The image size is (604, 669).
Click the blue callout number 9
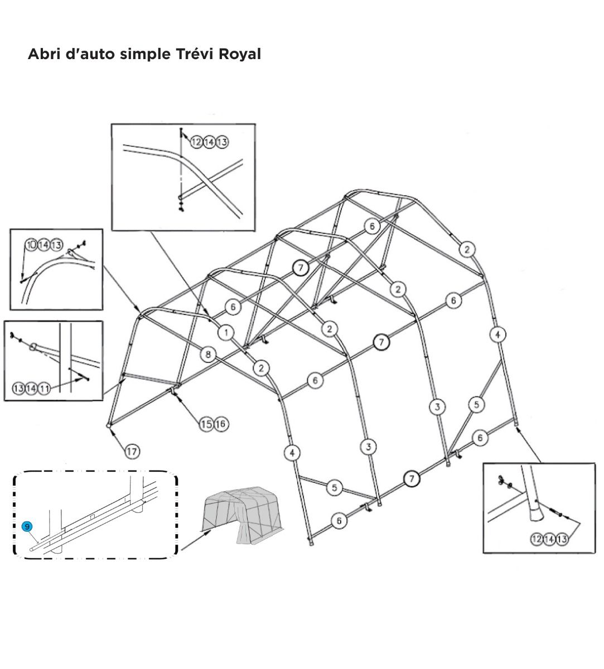coord(27,526)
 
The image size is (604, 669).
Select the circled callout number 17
coord(132,452)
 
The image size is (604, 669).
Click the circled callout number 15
coord(206,424)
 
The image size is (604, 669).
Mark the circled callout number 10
coord(31,245)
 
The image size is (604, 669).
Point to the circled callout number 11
coord(44,388)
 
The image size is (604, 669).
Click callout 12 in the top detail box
coord(197,142)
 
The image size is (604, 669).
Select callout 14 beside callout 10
coord(44,245)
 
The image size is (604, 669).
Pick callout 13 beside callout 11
coord(18,388)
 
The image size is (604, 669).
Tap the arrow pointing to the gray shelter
coord(195,541)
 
